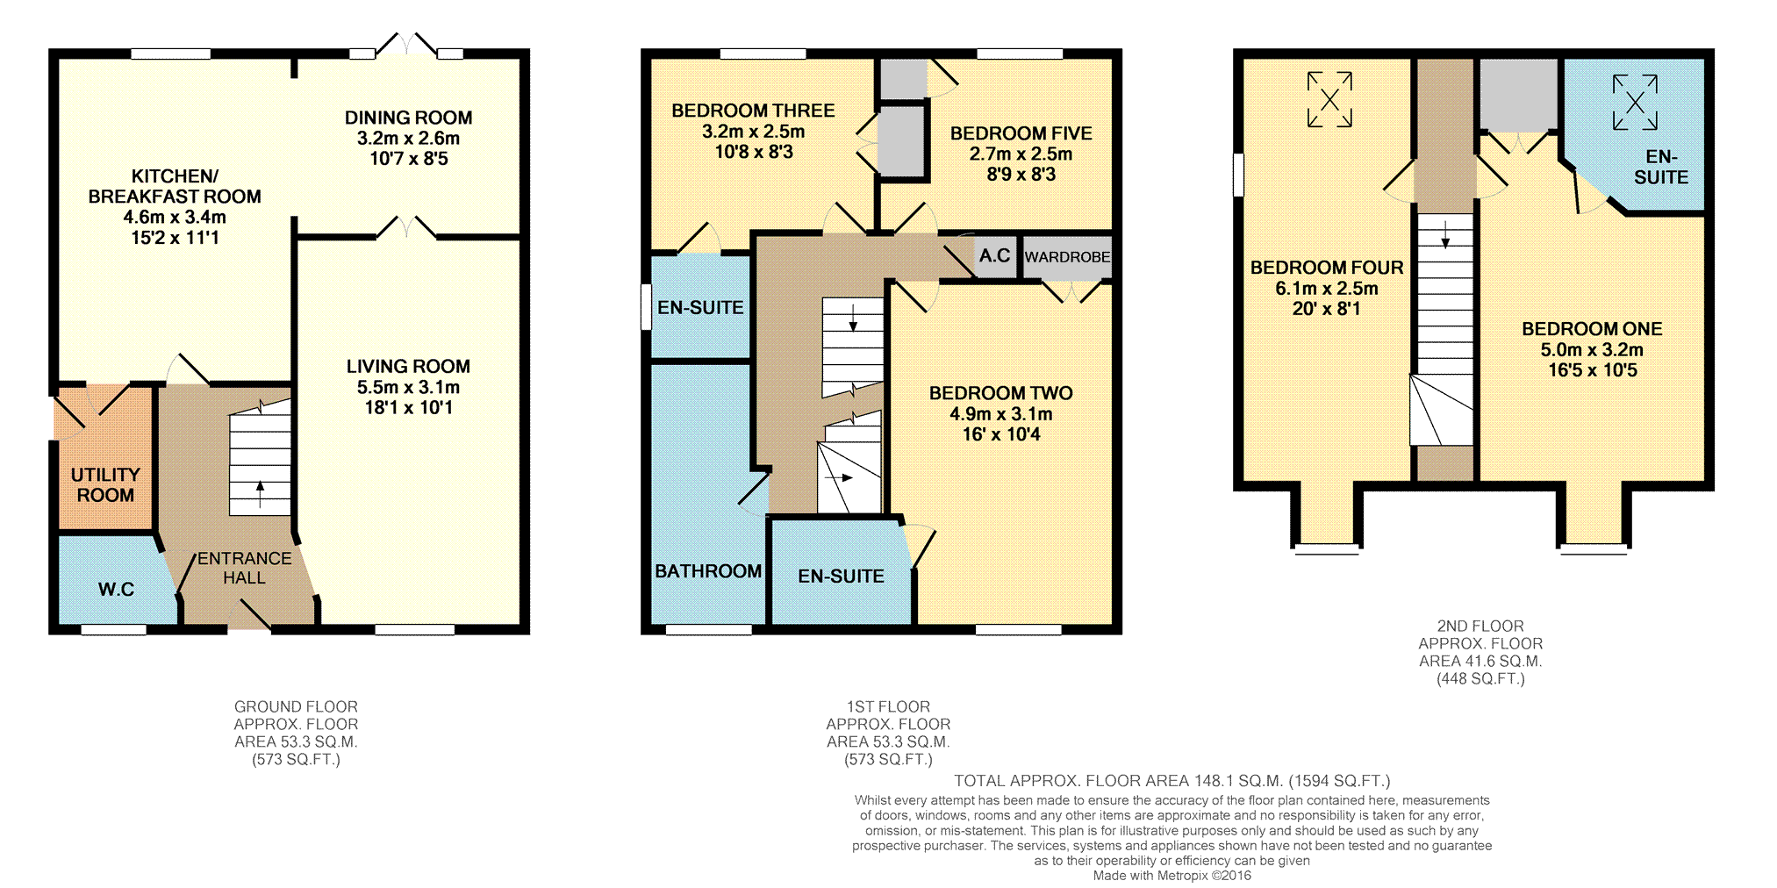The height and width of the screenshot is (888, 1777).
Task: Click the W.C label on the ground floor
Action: pos(116,589)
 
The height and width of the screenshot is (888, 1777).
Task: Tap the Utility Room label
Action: pos(105,484)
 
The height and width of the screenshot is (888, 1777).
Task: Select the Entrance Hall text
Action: pos(244,568)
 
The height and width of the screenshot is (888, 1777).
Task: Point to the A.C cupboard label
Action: pos(994,255)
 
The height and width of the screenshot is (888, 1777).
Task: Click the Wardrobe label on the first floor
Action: pos(1067,257)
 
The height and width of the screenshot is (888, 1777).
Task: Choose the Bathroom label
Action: pos(708,571)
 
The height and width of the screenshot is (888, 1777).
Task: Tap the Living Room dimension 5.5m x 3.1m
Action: pos(408,387)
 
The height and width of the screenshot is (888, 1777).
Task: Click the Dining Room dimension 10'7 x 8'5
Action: pos(409,159)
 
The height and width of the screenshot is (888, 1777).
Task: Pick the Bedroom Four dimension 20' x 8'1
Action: pos(1326,309)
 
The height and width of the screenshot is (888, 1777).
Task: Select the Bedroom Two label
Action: pos(1001,393)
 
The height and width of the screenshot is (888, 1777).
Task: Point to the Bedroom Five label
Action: pos(1021,133)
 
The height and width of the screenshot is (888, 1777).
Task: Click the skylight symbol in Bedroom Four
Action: pos(1329,100)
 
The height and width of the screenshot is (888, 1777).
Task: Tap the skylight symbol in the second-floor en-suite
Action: pos(1635,103)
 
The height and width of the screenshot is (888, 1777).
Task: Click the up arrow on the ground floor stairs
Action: pos(260,494)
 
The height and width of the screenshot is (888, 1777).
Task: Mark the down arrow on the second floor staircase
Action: pos(1445,233)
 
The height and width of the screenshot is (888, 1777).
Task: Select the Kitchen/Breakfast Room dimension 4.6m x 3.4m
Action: pos(175,217)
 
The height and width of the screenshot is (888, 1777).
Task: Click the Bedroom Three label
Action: pos(753,111)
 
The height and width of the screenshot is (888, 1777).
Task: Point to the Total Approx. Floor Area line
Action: pos(1172,781)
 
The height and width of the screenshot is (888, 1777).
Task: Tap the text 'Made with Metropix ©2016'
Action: pos(1172,876)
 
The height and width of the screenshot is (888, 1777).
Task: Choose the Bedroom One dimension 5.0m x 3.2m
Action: pos(1592,349)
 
